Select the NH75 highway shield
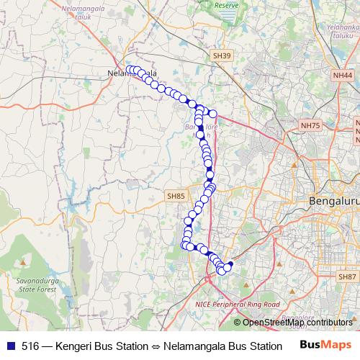[310, 125]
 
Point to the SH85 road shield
[176, 196]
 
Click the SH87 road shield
[347, 276]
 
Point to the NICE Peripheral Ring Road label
[237, 305]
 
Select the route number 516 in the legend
[30, 346]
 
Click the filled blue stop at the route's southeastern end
[230, 264]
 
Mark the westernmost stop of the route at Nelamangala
[130, 70]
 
